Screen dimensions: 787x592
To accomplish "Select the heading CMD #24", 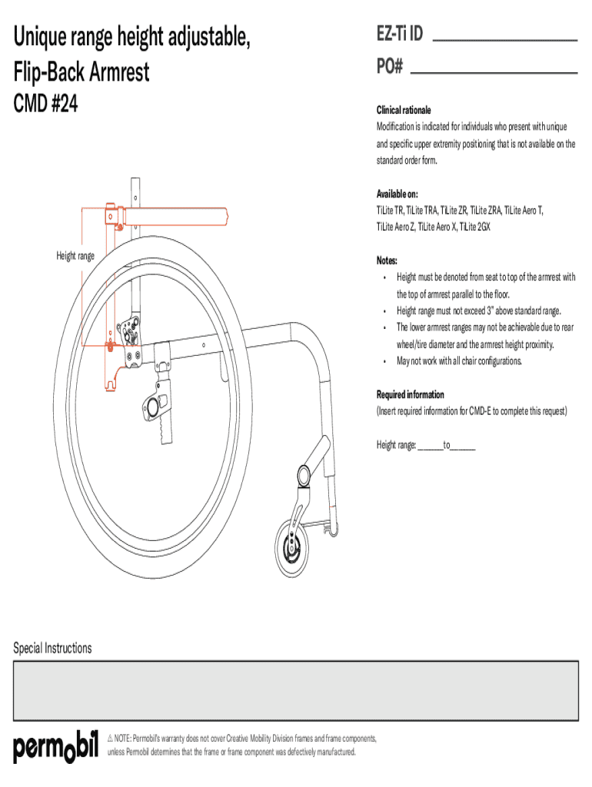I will (45, 104).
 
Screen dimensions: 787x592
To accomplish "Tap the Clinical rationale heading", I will (404, 110).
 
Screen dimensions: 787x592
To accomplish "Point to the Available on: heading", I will (397, 193).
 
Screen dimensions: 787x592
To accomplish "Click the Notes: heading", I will (387, 261).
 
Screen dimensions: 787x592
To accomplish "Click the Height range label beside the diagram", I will (75, 256).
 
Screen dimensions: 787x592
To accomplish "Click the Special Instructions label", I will (52, 648).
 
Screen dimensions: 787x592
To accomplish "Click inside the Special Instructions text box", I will (295, 690).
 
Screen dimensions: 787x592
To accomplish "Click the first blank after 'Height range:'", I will (430, 445).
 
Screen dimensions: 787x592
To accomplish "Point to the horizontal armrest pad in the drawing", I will (177, 217).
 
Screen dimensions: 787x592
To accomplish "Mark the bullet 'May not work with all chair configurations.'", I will (459, 360).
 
